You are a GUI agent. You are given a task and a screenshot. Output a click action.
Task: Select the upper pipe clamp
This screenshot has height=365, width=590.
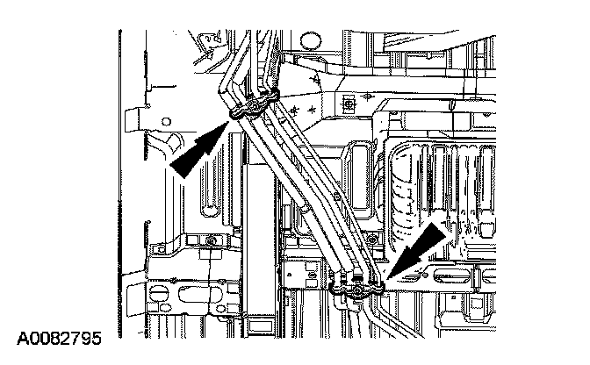[x=255, y=104]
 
